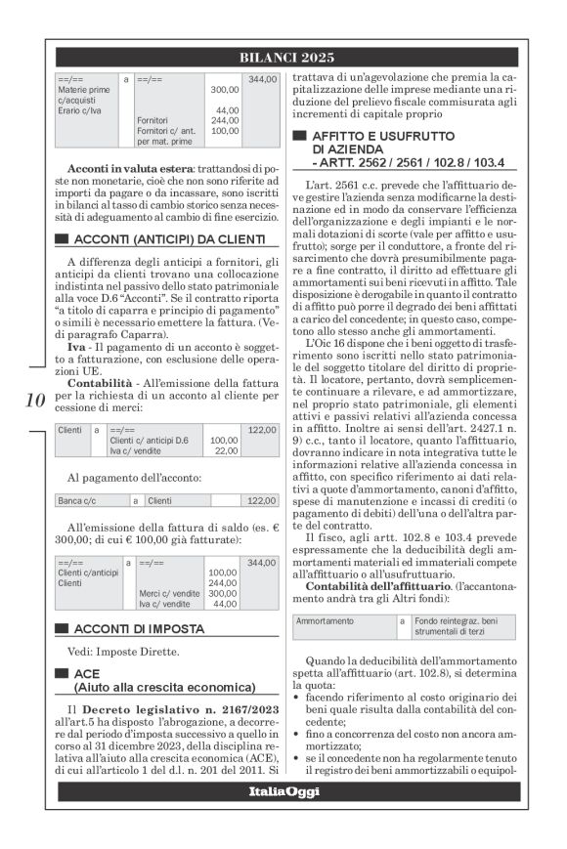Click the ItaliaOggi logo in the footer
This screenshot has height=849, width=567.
pos(283,791)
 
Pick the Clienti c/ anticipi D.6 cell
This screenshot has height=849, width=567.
pos(147,440)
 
